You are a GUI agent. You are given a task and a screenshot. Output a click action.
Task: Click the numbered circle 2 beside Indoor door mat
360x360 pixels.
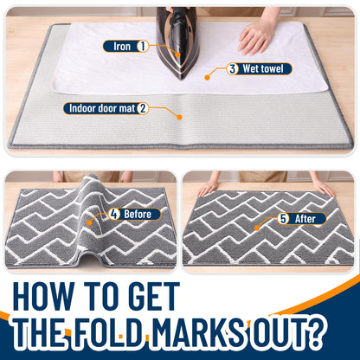pyautogui.click(x=143, y=108)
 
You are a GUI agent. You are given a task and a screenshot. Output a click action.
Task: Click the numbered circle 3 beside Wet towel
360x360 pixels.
pyautogui.click(x=233, y=69)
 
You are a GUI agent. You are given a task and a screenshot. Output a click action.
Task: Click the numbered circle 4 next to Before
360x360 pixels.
pyautogui.click(x=114, y=214)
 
